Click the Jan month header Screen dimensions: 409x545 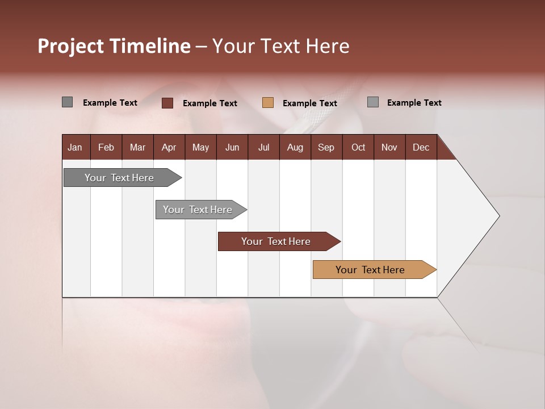tap(75, 147)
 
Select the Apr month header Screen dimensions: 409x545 tap(169, 147)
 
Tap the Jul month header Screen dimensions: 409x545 tap(263, 147)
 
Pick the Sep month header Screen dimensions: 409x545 tap(326, 147)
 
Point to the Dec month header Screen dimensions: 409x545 tap(421, 147)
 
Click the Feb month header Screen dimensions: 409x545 tap(106, 147)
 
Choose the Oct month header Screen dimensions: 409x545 tap(358, 147)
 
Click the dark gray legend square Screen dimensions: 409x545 tap(68, 102)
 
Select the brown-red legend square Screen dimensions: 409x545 tap(167, 103)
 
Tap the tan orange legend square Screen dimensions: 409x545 tap(268, 103)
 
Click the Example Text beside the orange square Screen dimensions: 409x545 tap(309, 103)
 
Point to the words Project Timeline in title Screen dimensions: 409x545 tap(114, 46)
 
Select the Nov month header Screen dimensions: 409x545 tap(389, 147)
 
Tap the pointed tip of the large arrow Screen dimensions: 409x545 tap(498, 215)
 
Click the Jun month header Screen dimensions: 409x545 tap(232, 147)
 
